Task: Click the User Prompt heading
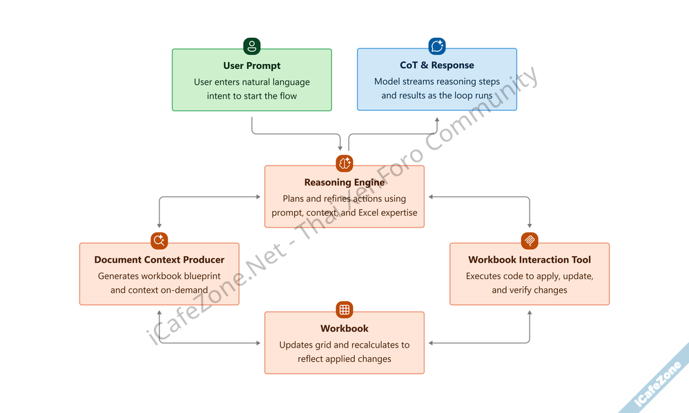[252, 66]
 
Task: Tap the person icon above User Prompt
[252, 47]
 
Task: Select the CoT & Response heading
[437, 66]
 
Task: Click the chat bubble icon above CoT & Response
[437, 46]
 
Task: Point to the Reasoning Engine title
[344, 183]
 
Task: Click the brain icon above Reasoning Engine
[344, 163]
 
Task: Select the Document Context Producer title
[159, 260]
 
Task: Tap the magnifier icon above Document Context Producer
[159, 241]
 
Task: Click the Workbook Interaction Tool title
[530, 260]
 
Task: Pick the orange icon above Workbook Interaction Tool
[530, 241]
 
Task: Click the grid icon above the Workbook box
[344, 309]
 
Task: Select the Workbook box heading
[344, 329]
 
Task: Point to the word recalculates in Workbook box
[373, 345]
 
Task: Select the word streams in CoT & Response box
[418, 81]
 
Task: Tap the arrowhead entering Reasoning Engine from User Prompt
[341, 147]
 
